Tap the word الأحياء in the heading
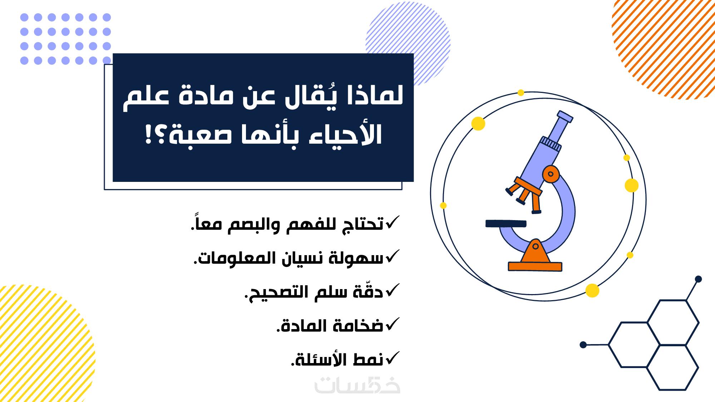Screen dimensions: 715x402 coord(346,135)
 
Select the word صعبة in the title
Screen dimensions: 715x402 coord(200,135)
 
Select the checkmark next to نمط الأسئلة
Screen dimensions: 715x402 coord(392,358)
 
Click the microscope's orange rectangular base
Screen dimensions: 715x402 coord(535,267)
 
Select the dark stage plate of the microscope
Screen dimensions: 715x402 coord(506,224)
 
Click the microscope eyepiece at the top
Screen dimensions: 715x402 coord(565,116)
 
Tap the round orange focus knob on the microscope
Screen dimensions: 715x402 coord(551,174)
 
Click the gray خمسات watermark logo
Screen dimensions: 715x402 coord(357,385)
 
